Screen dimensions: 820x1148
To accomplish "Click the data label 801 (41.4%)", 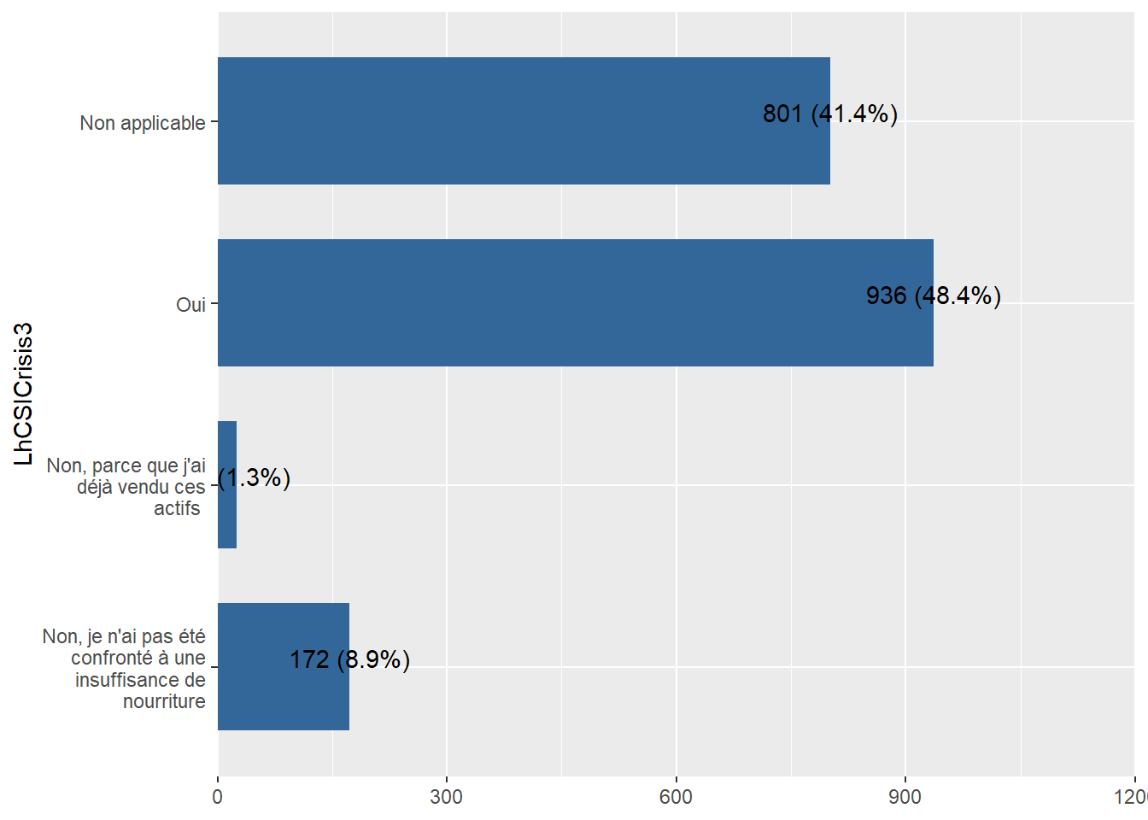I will [x=829, y=114].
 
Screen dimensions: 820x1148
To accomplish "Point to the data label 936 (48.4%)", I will [x=933, y=296].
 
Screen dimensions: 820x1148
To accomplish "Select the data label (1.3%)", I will [x=255, y=477].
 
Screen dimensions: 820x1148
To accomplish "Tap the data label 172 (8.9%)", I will [x=349, y=659].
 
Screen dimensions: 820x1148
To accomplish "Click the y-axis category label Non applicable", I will [x=143, y=123].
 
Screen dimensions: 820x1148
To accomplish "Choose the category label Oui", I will [x=190, y=305].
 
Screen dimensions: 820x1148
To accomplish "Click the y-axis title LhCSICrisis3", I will [x=24, y=394].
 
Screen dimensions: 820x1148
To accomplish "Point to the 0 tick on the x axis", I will [x=218, y=797].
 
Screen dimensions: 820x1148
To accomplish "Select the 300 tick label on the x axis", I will [x=447, y=797].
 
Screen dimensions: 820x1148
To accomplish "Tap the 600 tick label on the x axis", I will [x=676, y=797].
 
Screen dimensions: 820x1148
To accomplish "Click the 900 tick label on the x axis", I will [x=905, y=797].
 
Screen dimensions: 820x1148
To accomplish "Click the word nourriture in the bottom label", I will [x=164, y=701].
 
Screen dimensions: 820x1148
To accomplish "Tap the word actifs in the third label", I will [x=177, y=508].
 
